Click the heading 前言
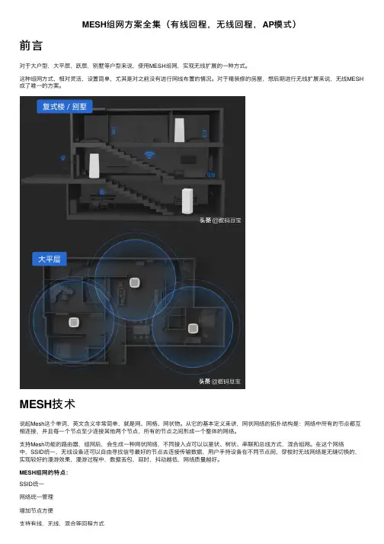30,46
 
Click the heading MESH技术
47,404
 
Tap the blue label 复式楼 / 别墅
64,107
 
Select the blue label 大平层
49,259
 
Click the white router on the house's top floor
179,130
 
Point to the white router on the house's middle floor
94,166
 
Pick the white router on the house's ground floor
187,201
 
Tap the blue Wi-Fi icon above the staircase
149,154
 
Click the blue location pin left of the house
62,158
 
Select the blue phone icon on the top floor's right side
204,134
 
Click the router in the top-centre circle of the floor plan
134,282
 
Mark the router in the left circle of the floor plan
74,322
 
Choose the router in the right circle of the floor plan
193,329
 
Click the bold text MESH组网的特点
43,472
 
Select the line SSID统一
31,484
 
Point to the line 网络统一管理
37,497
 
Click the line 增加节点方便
37,510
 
